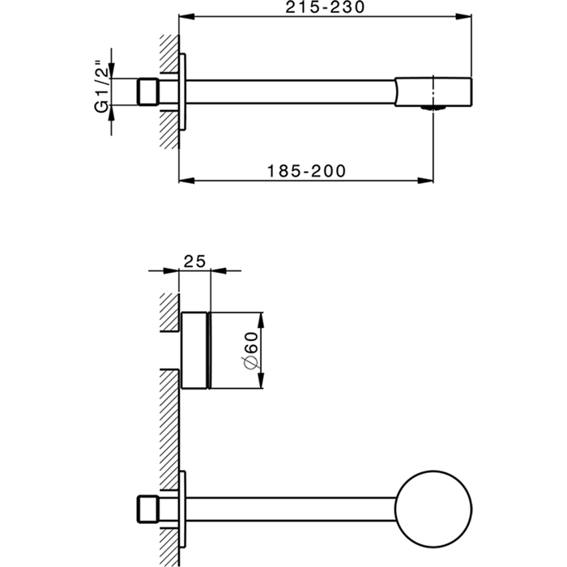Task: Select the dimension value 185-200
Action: coord(306,171)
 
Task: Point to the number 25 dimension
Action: coord(194,260)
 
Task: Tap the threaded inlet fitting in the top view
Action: coord(147,92)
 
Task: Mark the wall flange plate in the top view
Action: coord(184,92)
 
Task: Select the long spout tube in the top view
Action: coord(292,92)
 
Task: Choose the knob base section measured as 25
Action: coord(194,352)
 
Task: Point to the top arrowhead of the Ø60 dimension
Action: coord(260,315)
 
